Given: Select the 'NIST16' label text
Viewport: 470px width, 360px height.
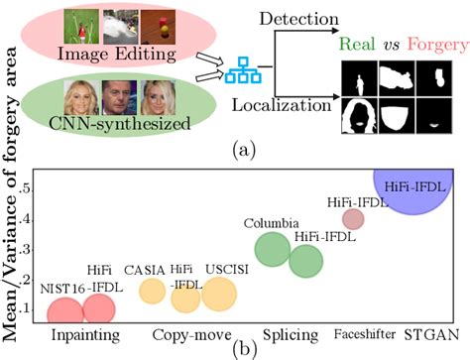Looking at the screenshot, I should point(60,289).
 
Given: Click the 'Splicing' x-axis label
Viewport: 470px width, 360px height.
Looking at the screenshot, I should point(290,335).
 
